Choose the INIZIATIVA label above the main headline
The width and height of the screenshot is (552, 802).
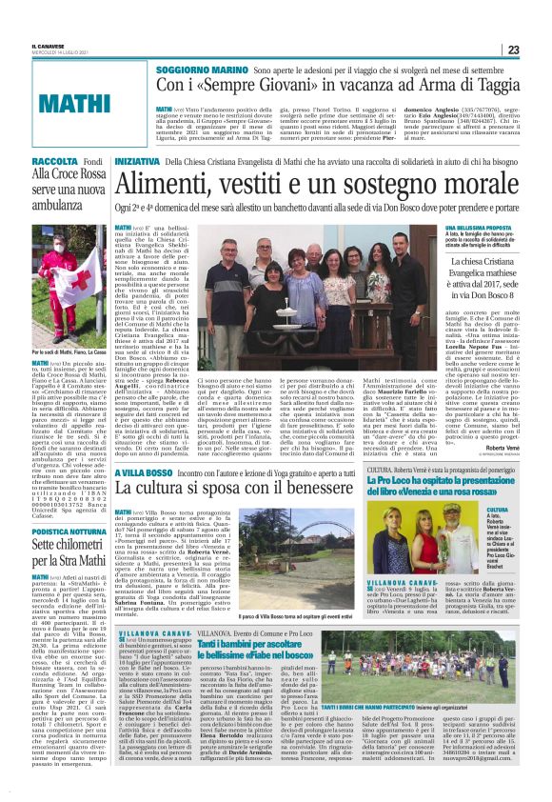point(137,164)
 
